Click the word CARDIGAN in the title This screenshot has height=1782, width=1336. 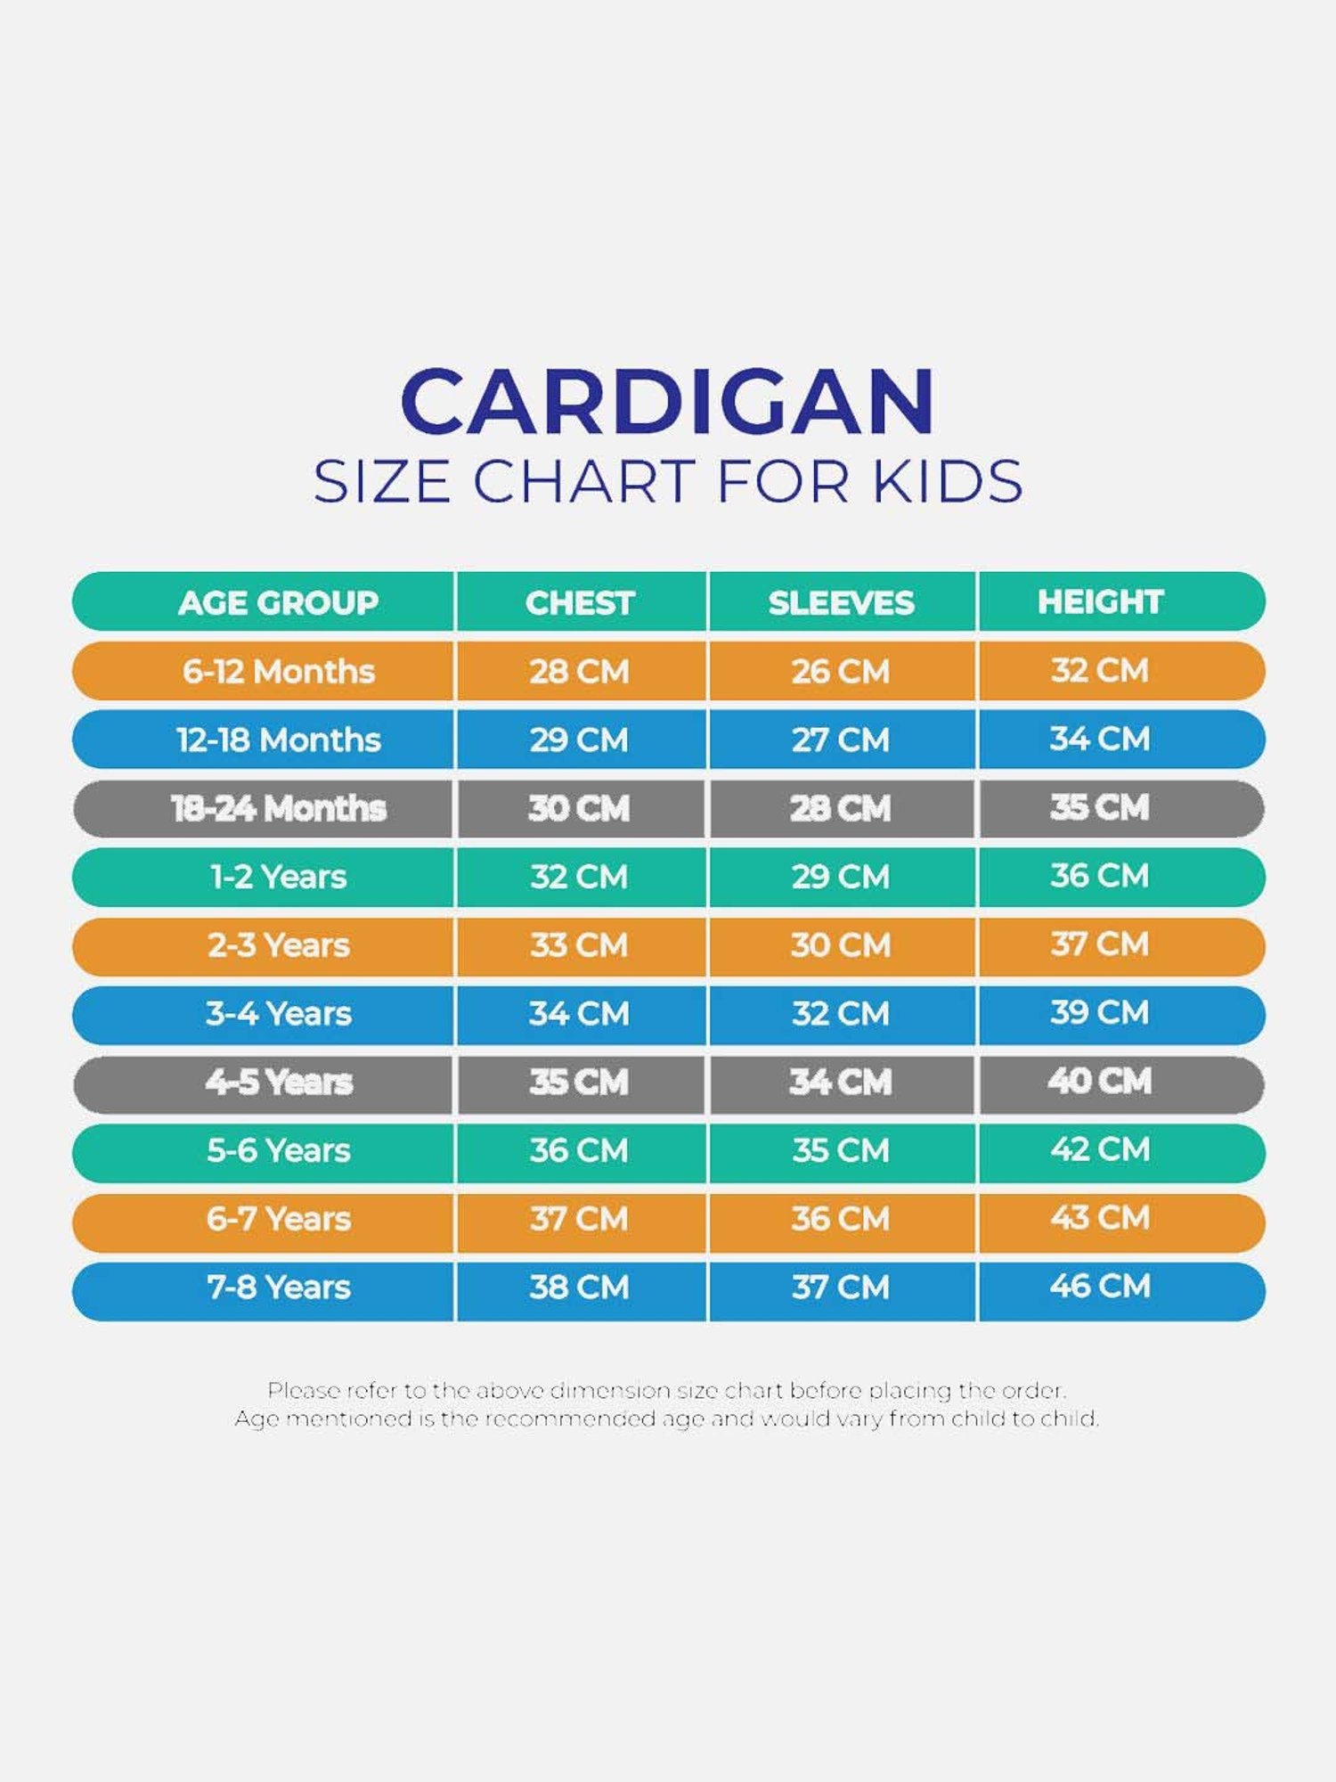668,402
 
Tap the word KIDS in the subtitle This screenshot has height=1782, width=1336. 948,482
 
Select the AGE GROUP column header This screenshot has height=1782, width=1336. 278,603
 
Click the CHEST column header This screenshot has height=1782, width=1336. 580,603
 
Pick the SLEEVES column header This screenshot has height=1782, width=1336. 841,603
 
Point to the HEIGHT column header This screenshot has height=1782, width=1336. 1100,602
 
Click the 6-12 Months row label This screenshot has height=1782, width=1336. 278,672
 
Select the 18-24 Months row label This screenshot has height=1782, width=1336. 278,809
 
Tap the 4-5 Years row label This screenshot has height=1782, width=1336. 279,1083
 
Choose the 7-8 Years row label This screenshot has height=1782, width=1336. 279,1287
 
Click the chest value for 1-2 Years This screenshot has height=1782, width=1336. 579,877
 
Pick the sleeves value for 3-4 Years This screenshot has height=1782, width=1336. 841,1014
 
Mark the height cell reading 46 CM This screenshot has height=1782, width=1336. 1100,1287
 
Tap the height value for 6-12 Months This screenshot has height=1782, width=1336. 1100,671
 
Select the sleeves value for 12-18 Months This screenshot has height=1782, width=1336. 841,740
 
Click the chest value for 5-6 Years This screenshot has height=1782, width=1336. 579,1150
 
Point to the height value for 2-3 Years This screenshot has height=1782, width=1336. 1100,944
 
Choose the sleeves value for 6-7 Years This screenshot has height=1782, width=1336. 841,1219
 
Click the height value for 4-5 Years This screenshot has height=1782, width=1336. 1100,1082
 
